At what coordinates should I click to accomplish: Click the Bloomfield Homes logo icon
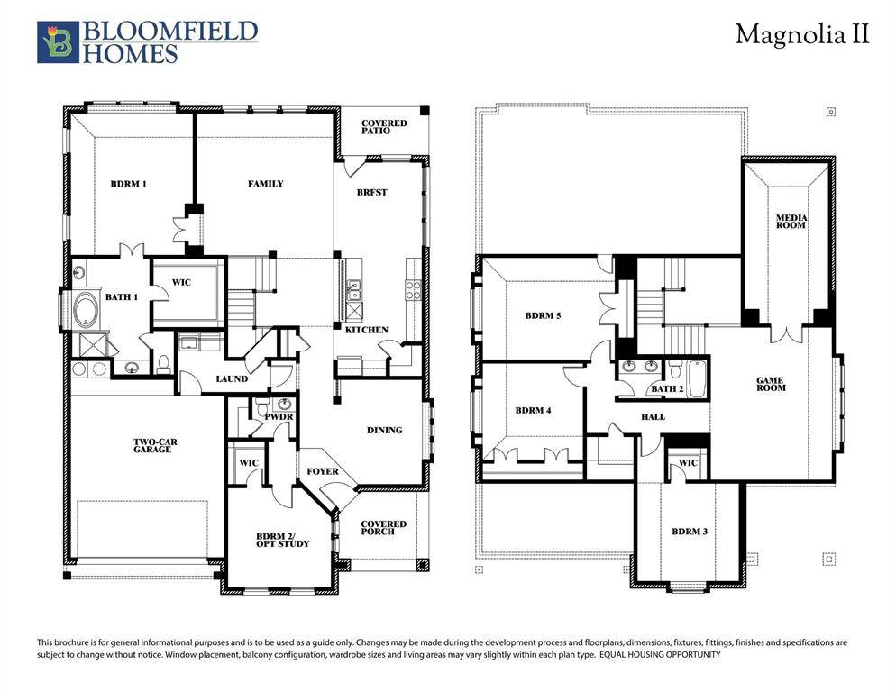pos(58,42)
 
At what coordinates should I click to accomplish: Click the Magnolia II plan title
pos(802,34)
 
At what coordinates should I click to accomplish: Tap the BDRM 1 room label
pos(128,184)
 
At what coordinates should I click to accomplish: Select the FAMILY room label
pos(266,184)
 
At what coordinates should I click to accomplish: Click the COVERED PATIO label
pos(384,127)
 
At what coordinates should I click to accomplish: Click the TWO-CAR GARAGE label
pos(152,446)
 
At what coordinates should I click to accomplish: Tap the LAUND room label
pos(231,379)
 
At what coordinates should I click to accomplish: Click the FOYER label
pos(323,471)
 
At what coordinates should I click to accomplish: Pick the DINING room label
pos(385,430)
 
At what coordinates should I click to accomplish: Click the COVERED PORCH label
pos(384,528)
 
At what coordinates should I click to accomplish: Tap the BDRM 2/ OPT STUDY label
pos(282,540)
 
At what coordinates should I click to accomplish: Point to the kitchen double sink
pos(353,289)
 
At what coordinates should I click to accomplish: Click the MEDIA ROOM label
pos(791,222)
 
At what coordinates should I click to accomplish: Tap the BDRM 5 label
pos(543,316)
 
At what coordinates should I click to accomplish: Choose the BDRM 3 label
pos(690,532)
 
